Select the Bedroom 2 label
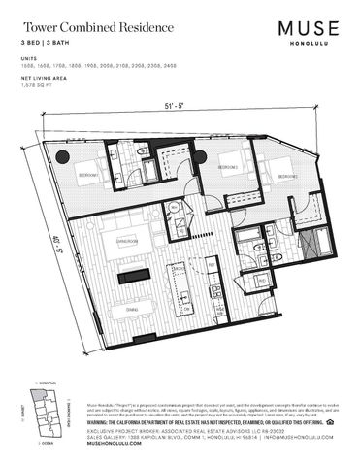pyautogui.click(x=230, y=168)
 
